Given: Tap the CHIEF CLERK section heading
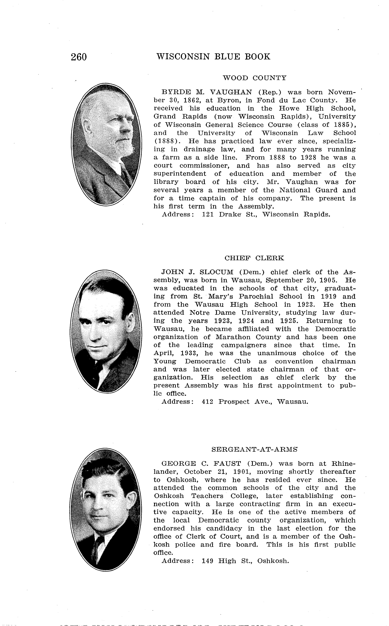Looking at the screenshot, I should [x=254, y=258].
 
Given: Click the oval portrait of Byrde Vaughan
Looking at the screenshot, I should [x=106, y=144].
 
